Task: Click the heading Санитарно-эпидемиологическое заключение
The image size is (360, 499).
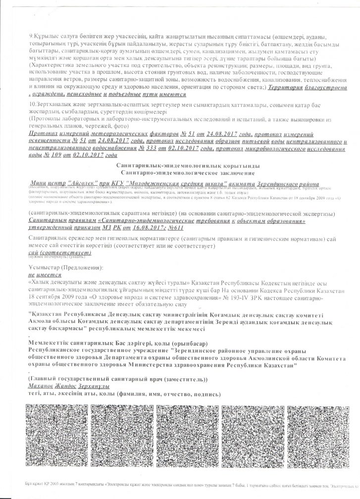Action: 180,173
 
